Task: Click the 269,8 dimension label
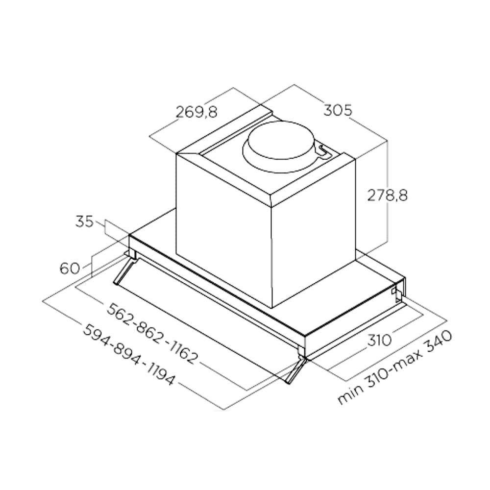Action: point(196,112)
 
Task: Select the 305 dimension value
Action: point(338,110)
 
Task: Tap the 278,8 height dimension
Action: point(388,195)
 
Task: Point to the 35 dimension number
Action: point(84,221)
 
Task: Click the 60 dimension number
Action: point(70,268)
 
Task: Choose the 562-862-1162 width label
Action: point(152,333)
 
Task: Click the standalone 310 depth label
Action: point(379,340)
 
